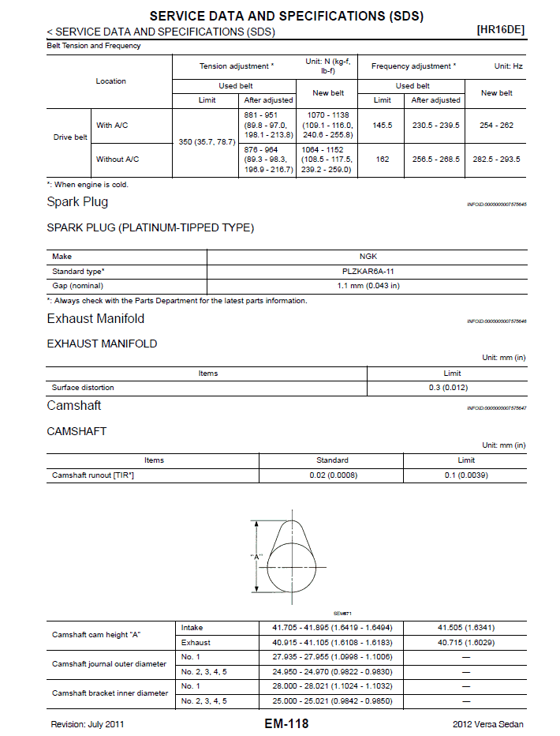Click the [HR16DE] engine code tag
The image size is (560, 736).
[x=501, y=30]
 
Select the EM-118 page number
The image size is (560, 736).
[x=286, y=723]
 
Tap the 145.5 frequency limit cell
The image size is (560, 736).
[x=383, y=125]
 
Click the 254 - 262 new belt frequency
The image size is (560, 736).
[x=496, y=125]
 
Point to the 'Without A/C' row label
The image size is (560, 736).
[x=118, y=159]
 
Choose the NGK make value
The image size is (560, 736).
[x=368, y=257]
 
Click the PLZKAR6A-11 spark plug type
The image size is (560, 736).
[x=368, y=271]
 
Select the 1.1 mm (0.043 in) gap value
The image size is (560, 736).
[x=368, y=285]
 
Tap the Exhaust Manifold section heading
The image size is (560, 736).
[x=95, y=319]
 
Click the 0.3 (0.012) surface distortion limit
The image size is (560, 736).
[x=453, y=388]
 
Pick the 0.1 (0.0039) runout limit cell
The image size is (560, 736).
[x=465, y=475]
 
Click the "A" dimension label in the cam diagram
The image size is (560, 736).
[x=256, y=557]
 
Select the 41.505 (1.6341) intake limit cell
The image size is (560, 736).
[x=465, y=628]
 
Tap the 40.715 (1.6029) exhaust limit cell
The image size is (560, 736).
[x=465, y=643]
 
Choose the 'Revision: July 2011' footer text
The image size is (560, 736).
[x=88, y=724]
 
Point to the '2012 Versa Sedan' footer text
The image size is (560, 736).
[x=487, y=724]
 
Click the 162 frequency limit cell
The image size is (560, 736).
[x=383, y=159]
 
